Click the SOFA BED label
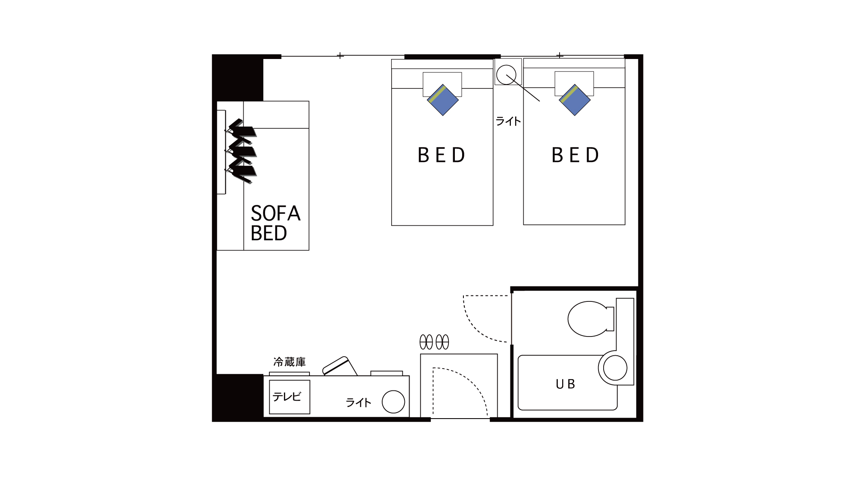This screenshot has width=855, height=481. pyautogui.click(x=275, y=223)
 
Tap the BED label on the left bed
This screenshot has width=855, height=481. pyautogui.click(x=441, y=155)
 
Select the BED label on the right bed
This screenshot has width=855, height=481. pyautogui.click(x=575, y=155)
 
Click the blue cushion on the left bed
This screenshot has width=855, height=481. pyautogui.click(x=443, y=100)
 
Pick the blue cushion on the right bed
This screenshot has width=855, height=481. pyautogui.click(x=575, y=100)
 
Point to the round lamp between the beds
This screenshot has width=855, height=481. pyautogui.click(x=506, y=75)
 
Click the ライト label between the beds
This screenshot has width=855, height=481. pyautogui.click(x=508, y=121)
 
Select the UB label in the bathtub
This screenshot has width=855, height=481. pyautogui.click(x=565, y=384)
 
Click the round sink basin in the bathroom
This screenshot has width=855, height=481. pyautogui.click(x=615, y=368)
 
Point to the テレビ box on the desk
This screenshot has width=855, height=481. pyautogui.click(x=289, y=397)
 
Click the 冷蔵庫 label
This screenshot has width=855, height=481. pyautogui.click(x=289, y=362)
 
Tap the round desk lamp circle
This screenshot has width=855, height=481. pyautogui.click(x=393, y=402)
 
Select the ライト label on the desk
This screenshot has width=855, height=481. pyautogui.click(x=358, y=402)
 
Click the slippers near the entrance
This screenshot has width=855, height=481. pyautogui.click(x=434, y=342)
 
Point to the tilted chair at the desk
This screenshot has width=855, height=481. pyautogui.click(x=340, y=366)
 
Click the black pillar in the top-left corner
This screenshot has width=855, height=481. pyautogui.click(x=238, y=78)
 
